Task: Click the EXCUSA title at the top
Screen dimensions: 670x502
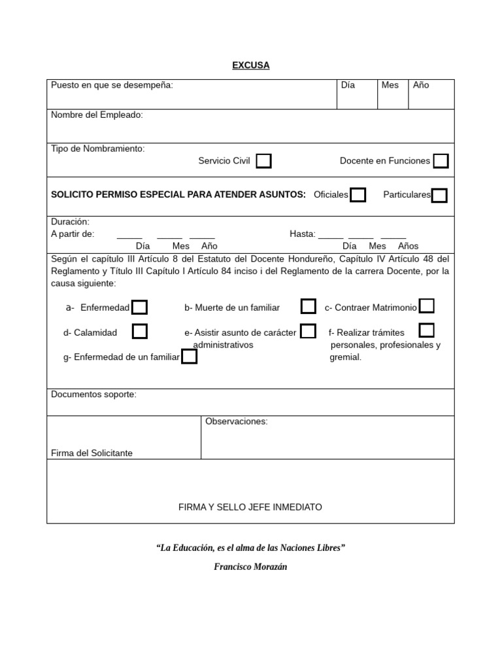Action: (251, 65)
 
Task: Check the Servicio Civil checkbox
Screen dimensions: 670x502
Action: (263, 161)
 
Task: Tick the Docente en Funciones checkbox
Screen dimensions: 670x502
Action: (441, 161)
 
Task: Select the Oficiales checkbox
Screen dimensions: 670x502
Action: (358, 195)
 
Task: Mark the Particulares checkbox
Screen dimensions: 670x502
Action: (439, 195)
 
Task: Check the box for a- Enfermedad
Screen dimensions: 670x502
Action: (139, 308)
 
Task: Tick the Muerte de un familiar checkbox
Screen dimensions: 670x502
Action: (308, 306)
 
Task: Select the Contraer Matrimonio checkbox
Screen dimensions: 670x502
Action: (426, 306)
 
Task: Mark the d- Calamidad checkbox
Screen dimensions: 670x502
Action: (139, 332)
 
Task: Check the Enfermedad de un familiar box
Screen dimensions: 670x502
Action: (189, 357)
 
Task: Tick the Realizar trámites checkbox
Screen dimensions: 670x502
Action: (426, 330)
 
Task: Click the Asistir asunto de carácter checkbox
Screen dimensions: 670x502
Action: (308, 331)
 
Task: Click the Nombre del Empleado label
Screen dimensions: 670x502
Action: (97, 115)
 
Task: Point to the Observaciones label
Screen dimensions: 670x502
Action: (237, 421)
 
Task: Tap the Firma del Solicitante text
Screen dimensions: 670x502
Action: (92, 453)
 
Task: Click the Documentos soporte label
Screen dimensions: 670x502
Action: (93, 395)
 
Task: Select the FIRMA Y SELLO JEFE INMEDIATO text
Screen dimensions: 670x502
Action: (250, 507)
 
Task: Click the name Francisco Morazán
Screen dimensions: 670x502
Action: (250, 567)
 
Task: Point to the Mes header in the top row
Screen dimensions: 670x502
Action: (390, 85)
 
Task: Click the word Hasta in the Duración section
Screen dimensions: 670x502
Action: (302, 234)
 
